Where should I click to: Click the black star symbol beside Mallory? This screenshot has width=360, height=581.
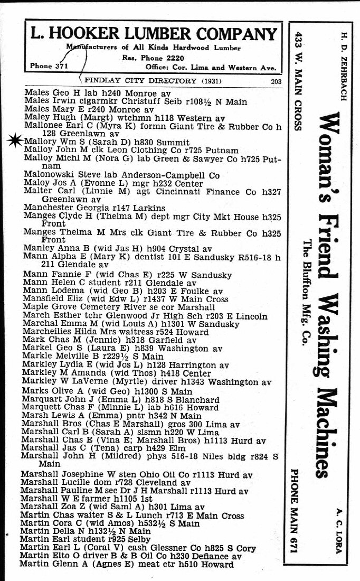coord(15,139)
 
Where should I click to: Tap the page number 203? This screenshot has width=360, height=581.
coord(276,81)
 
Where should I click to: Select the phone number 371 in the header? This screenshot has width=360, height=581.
coord(61,66)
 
